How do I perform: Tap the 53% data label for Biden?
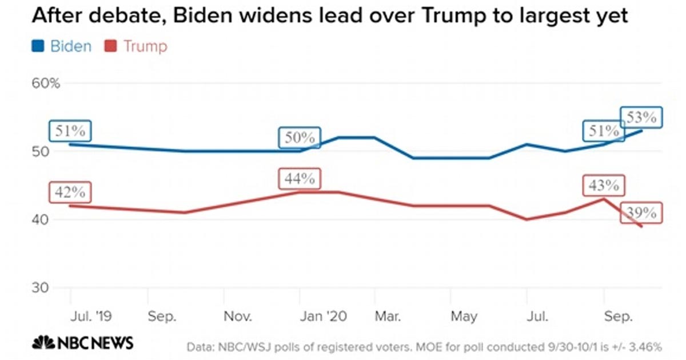[641, 118]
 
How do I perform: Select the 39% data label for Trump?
[641, 213]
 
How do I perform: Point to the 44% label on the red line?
[300, 178]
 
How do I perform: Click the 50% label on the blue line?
[300, 138]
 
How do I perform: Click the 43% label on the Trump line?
[604, 186]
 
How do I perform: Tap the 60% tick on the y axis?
[46, 84]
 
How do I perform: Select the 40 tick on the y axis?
[41, 220]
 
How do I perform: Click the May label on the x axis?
[464, 316]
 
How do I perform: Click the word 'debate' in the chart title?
[129, 16]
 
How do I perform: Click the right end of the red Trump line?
[641, 227]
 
